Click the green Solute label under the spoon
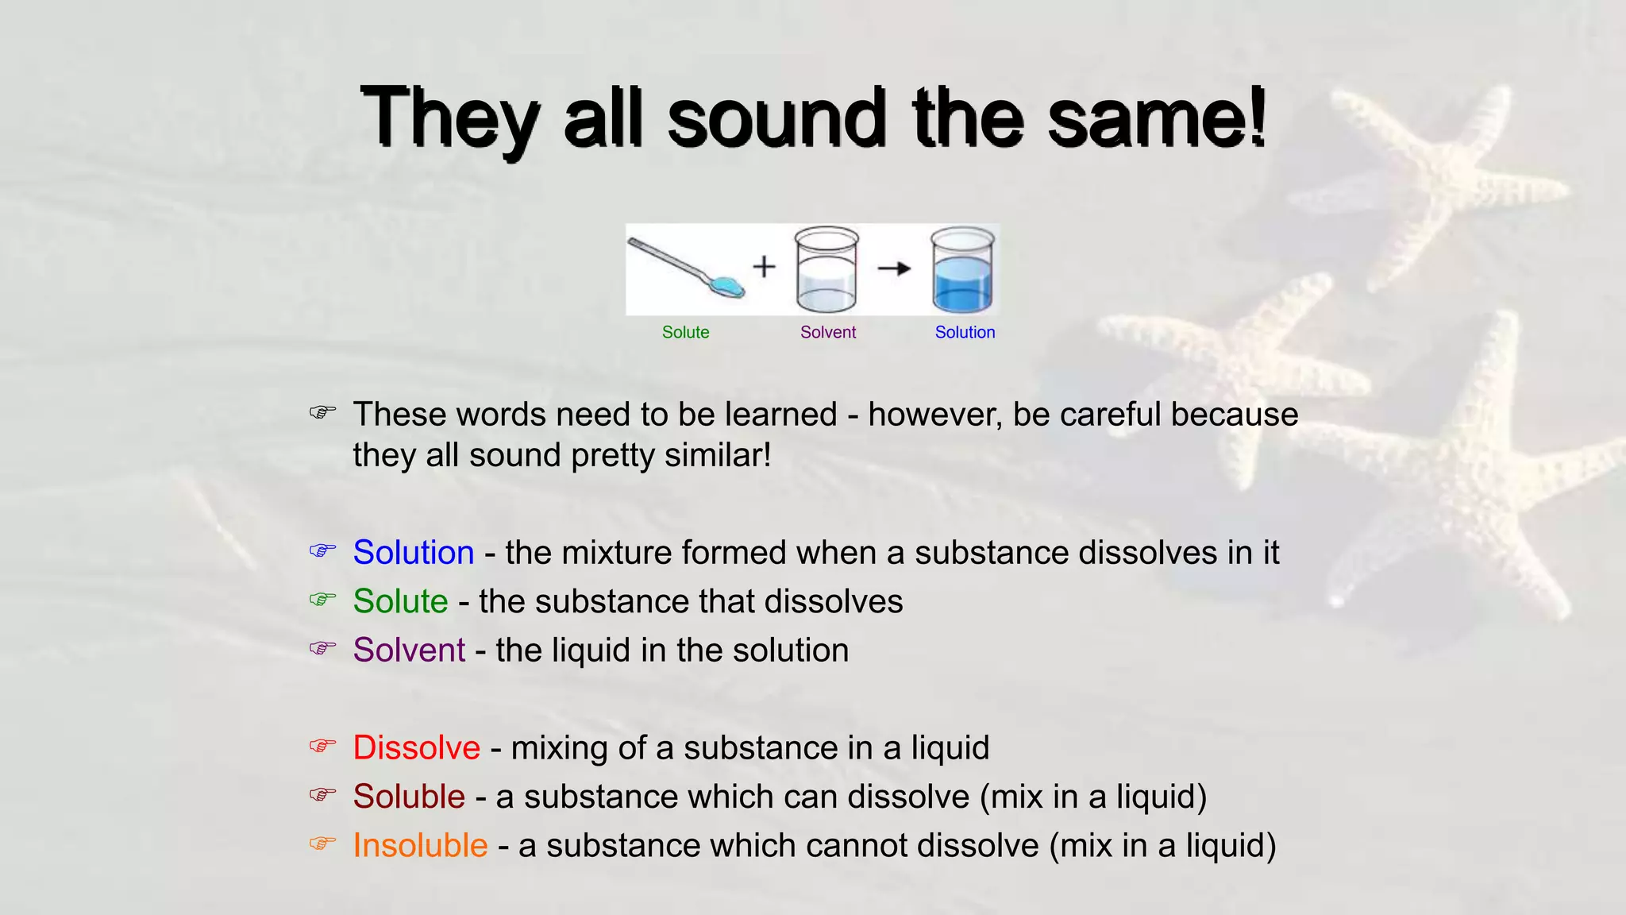point(685,332)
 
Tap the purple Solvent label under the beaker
point(827,332)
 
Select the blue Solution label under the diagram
point(965,332)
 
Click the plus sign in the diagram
point(764,266)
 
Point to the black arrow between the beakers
point(894,268)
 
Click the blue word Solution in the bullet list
point(414,552)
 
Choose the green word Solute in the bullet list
point(400,601)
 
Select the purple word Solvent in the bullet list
point(409,650)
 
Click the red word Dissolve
point(416,747)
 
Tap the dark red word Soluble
point(409,796)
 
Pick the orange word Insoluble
point(420,845)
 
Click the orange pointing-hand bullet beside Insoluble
point(322,843)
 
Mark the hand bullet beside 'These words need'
point(322,412)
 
